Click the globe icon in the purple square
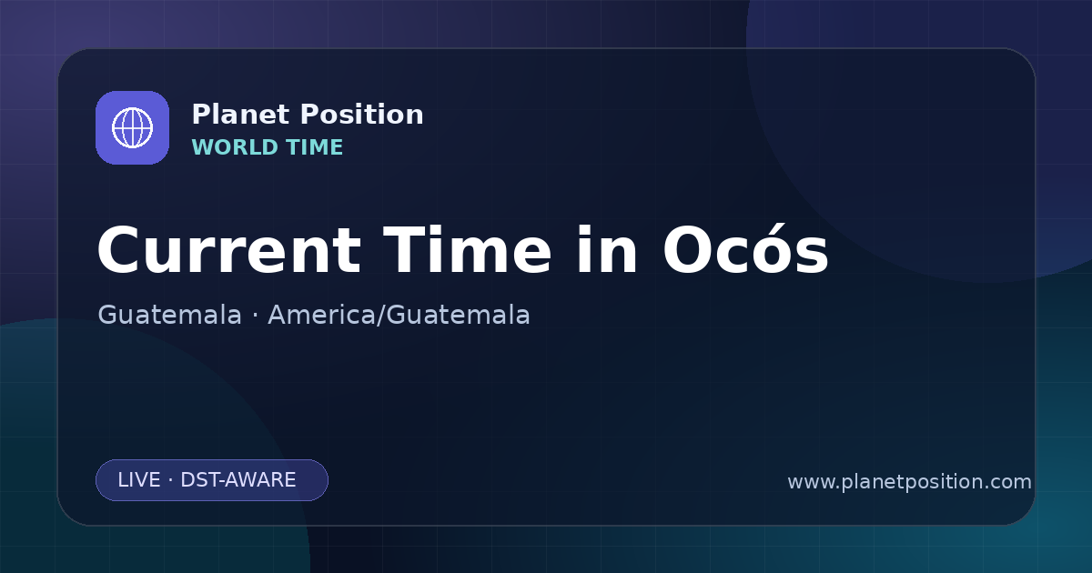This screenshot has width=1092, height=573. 132,127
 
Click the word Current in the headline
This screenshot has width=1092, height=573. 229,251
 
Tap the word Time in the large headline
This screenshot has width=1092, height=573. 467,251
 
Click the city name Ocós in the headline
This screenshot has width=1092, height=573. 745,249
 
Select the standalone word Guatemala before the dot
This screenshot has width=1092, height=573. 169,315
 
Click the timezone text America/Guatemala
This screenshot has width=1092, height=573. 399,315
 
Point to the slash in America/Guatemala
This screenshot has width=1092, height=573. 381,315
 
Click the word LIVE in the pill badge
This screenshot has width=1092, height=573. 139,480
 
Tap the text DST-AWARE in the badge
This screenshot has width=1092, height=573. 238,480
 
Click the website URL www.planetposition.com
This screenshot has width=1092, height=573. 910,482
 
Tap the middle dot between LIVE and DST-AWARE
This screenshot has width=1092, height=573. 170,480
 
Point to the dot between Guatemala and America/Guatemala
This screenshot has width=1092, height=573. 255,316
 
